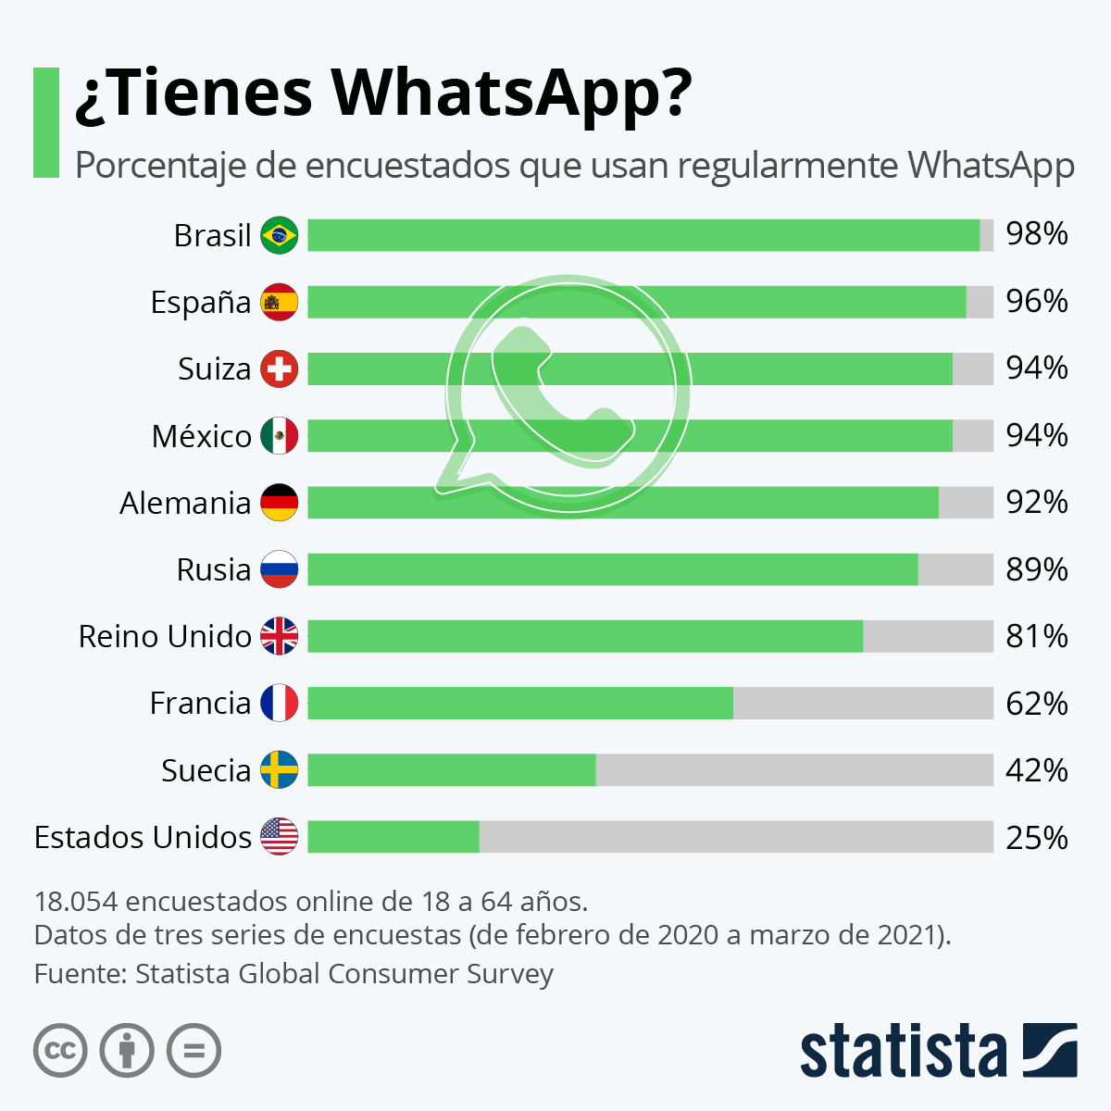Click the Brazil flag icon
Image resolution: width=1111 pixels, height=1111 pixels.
point(280,235)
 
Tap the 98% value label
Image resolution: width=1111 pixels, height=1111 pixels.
point(1037,234)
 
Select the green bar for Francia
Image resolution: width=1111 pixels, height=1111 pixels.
point(520,704)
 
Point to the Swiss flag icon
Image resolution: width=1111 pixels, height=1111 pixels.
point(280,368)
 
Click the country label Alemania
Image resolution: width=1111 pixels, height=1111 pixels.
point(185,503)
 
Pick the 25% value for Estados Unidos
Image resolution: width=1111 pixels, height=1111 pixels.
point(1037,838)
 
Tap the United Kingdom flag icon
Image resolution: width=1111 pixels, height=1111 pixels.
point(280,637)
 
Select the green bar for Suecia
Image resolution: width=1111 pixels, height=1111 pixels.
point(452,770)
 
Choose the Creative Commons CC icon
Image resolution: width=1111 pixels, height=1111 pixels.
point(60,1051)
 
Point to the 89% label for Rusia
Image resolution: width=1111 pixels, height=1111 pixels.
point(1037,569)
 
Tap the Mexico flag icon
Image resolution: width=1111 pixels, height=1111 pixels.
point(280,436)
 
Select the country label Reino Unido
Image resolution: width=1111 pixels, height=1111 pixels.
point(165,637)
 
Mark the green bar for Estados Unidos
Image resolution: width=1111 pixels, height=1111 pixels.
point(393,837)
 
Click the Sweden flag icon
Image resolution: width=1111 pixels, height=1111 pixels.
point(280,770)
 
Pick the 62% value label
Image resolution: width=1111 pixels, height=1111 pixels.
point(1037,704)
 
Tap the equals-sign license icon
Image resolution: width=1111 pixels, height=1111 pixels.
point(193,1051)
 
